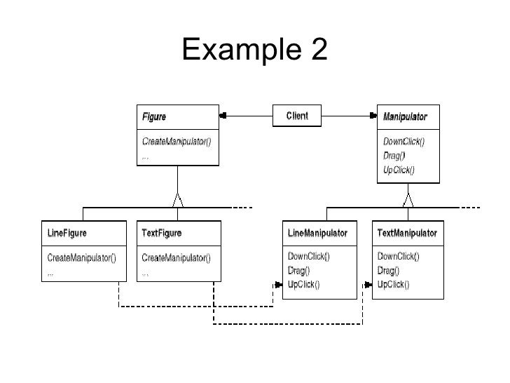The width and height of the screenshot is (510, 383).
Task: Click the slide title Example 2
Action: pyautogui.click(x=254, y=48)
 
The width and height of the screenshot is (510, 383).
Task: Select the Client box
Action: pyautogui.click(x=296, y=115)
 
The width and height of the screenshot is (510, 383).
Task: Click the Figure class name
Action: pyautogui.click(x=154, y=116)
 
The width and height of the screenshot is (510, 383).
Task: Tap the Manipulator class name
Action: pyautogui.click(x=405, y=116)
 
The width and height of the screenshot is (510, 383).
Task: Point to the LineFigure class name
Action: pyautogui.click(x=67, y=232)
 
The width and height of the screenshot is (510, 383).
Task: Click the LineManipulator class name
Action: pyautogui.click(x=318, y=232)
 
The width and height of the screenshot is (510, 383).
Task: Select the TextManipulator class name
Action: pyautogui.click(x=407, y=232)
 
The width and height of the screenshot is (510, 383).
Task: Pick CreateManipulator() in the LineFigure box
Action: pyautogui.click(x=81, y=257)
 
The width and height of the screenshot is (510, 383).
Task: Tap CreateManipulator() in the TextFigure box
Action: pyautogui.click(x=176, y=257)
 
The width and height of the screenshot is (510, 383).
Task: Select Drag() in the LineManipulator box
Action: pyautogui.click(x=300, y=270)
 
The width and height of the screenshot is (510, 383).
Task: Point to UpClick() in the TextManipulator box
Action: pyautogui.click(x=394, y=284)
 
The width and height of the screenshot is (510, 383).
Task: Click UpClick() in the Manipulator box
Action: pyautogui.click(x=399, y=169)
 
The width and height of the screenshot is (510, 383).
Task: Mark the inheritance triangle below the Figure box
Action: pyautogui.click(x=179, y=199)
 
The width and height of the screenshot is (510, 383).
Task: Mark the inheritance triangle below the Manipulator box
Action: pyautogui.click(x=408, y=199)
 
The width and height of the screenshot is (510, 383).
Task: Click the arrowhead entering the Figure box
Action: pyautogui.click(x=223, y=115)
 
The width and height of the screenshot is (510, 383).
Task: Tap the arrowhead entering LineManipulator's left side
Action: pyautogui.click(x=277, y=285)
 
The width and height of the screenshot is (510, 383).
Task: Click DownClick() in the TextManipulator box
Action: pyautogui.click(x=399, y=257)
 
